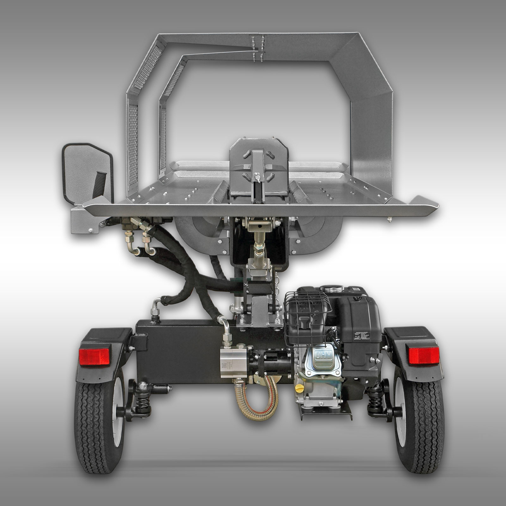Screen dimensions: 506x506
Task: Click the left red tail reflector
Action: click(x=95, y=355)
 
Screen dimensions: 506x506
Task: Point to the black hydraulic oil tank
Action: click(x=177, y=351)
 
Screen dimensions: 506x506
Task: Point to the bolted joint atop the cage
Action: click(x=257, y=47)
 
